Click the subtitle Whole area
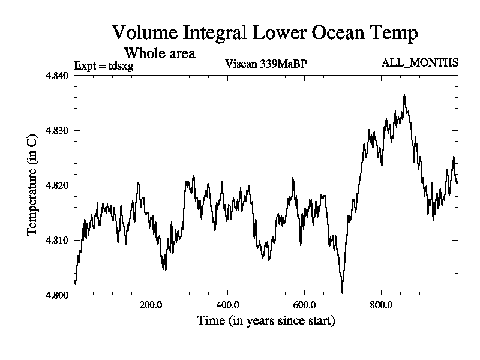(160, 53)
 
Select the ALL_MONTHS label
(420, 63)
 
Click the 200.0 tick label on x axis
(151, 305)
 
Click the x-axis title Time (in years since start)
(266, 321)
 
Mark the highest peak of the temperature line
(405, 95)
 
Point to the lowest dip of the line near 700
(342, 293)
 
